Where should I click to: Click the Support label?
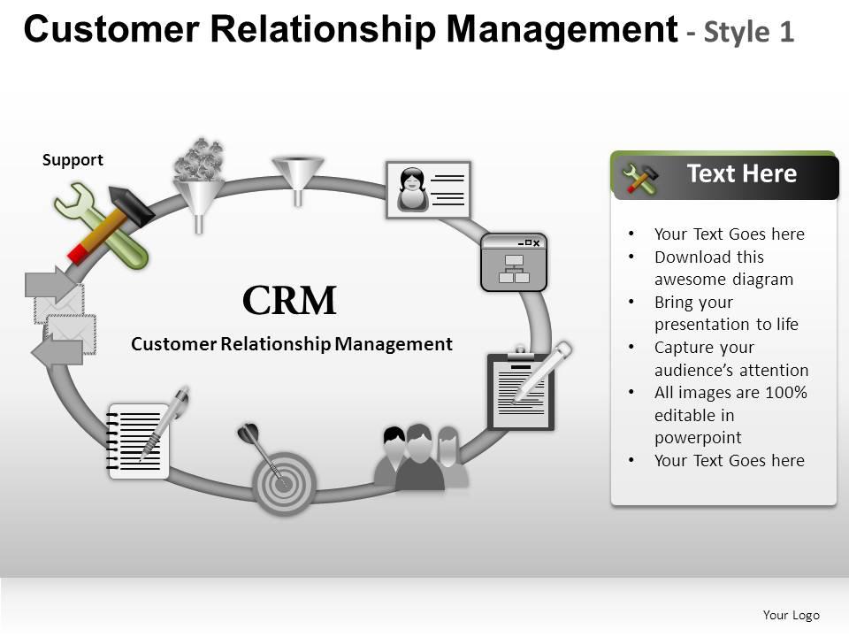click(x=73, y=160)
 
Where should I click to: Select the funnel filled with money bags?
click(x=199, y=184)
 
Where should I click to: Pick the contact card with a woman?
click(x=429, y=190)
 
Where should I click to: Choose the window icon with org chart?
click(x=514, y=263)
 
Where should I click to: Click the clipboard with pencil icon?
click(x=527, y=388)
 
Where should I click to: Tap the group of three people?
click(x=421, y=457)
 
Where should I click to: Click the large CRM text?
click(x=289, y=301)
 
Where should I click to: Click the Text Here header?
click(x=741, y=174)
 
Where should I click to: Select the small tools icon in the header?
click(x=640, y=178)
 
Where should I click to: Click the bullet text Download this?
click(x=708, y=257)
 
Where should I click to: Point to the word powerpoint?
click(x=698, y=438)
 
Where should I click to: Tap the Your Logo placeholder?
click(x=791, y=615)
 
